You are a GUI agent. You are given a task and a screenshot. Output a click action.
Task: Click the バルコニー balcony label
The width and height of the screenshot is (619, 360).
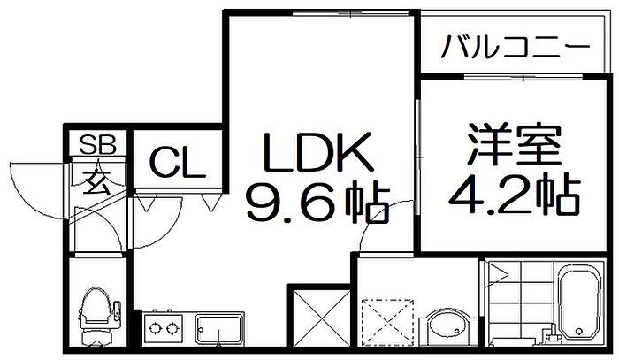515,47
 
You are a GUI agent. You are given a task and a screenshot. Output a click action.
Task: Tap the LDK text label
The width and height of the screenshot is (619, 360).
318,151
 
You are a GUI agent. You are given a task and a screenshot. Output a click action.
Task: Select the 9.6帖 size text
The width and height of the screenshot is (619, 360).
318,202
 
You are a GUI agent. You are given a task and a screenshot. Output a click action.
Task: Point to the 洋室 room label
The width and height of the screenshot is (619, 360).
514,144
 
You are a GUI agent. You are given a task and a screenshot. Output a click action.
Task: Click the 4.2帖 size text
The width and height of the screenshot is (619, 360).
515,194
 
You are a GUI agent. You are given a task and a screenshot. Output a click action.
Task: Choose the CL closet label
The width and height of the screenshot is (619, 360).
178,163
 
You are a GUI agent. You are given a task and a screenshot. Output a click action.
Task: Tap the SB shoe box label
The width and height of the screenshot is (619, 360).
97,144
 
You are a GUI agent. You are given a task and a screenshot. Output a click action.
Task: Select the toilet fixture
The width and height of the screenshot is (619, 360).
98,316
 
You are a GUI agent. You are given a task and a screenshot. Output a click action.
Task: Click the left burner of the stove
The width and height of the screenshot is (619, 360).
155,327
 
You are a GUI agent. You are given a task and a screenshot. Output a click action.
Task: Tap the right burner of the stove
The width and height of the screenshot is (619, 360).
172,327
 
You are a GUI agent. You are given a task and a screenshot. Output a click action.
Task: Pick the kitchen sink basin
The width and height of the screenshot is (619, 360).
220,329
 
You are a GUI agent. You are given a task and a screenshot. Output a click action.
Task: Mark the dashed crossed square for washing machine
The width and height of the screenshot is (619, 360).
388,322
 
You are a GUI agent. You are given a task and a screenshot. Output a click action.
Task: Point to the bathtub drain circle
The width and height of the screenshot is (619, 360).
579,331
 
